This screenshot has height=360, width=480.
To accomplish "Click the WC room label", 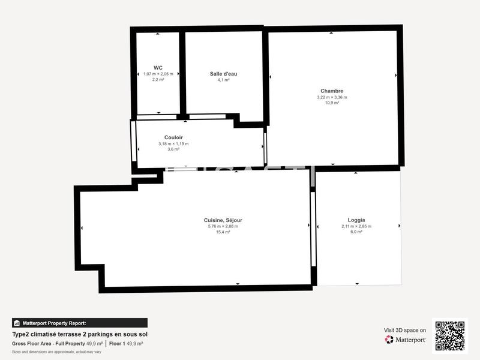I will (158, 67).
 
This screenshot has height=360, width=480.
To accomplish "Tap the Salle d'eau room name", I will (223, 74).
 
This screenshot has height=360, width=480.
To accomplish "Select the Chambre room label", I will (332, 91).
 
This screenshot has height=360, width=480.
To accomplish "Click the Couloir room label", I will (173, 137).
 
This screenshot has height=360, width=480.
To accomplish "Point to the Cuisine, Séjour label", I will (223, 220).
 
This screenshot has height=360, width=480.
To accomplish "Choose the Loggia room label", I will (356, 220).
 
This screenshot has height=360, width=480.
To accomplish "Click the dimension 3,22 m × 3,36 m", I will (332, 97).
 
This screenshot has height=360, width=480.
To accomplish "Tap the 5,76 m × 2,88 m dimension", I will (223, 226).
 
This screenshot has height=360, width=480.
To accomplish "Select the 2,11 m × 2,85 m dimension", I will (356, 226).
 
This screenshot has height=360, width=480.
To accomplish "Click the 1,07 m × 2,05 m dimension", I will (158, 74).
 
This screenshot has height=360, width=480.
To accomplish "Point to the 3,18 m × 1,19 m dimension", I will (173, 144).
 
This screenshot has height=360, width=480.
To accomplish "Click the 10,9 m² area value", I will (332, 103).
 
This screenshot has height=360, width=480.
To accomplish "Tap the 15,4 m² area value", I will (223, 232).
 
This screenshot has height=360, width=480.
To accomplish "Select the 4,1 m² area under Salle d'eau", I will (223, 80).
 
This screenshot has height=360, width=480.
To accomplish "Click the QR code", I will (449, 335).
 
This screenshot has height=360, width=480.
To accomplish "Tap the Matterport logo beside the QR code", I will (406, 340).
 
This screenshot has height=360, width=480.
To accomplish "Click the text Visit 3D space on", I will (405, 330).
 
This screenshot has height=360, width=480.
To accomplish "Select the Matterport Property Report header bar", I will (79, 323).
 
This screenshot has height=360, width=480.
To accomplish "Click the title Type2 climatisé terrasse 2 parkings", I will (79, 334).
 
